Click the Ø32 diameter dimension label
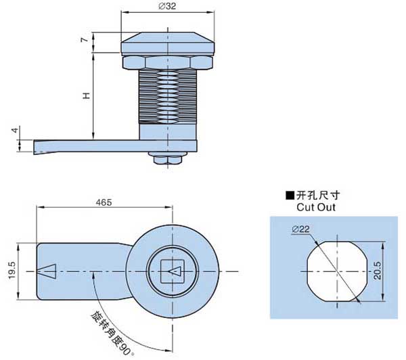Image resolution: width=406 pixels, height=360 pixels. (x=167, y=7)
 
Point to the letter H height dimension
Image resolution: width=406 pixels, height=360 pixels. (x=86, y=96)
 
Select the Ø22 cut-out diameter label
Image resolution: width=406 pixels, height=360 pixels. (x=300, y=230)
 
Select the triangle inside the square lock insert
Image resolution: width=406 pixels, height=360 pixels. (x=175, y=272)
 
